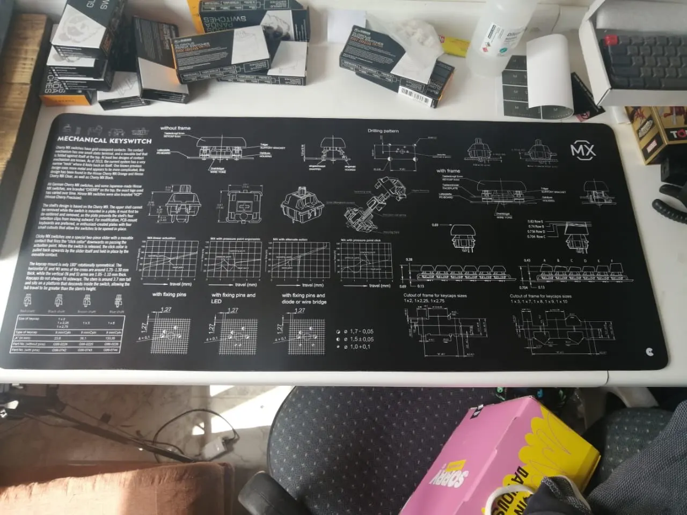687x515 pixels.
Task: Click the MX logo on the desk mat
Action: click(583, 151)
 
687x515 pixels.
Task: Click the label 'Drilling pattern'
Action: click(383, 131)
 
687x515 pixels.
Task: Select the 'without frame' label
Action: click(175, 128)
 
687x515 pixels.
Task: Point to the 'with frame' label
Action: click(448, 171)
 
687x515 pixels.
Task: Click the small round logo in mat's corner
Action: click(651, 352)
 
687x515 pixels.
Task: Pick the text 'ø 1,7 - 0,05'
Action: click(358, 332)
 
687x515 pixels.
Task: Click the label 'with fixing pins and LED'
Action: click(233, 298)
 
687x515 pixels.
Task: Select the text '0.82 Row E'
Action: click(535, 222)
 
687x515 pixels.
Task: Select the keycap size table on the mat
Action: click(68, 334)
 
